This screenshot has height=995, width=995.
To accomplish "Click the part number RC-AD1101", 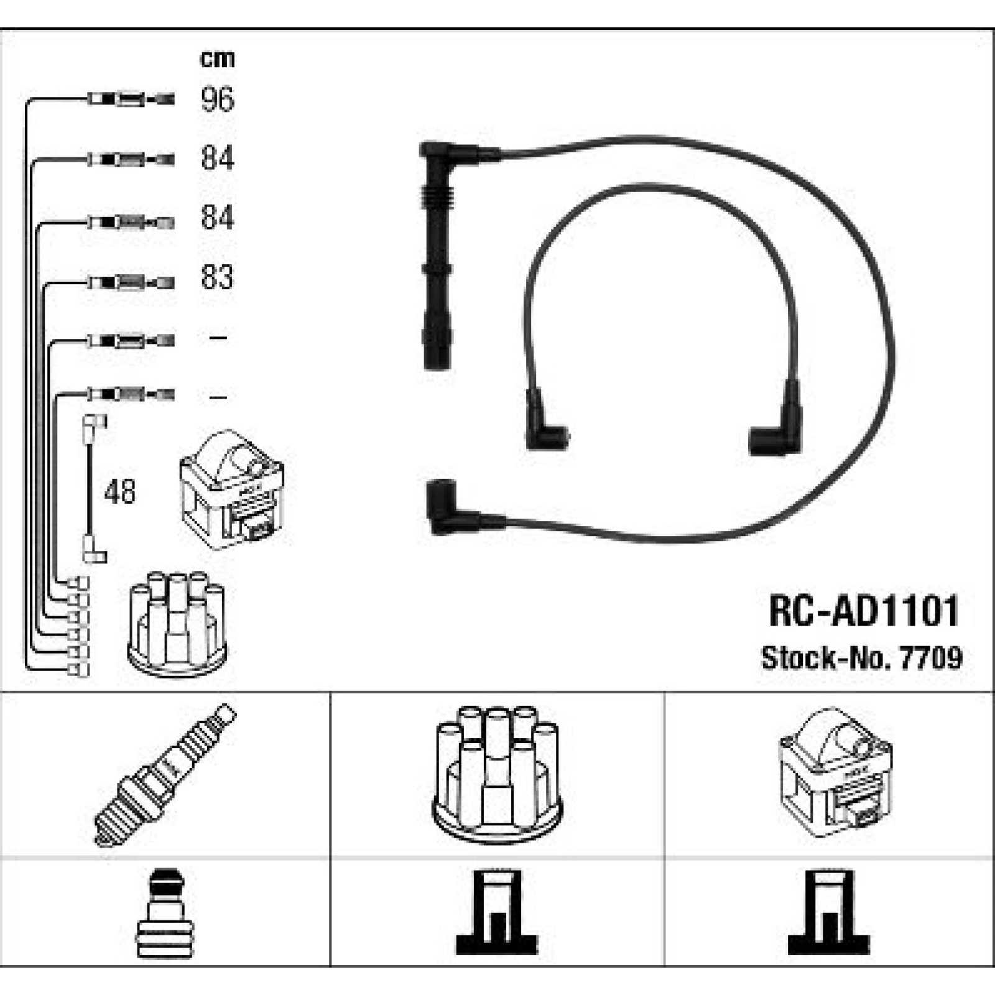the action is tap(864, 611).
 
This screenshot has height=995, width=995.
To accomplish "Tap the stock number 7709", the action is tap(930, 658).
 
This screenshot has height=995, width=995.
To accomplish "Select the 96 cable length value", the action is tap(217, 99).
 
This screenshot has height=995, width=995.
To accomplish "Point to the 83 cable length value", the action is tap(217, 277).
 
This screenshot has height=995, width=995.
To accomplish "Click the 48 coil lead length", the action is tap(120, 492).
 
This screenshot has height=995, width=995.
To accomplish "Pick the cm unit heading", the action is tap(217, 59).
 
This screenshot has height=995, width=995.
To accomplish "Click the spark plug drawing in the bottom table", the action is tap(165, 775).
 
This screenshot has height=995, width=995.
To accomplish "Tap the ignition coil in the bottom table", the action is tap(836, 772).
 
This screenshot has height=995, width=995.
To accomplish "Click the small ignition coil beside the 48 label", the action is tap(232, 490).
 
